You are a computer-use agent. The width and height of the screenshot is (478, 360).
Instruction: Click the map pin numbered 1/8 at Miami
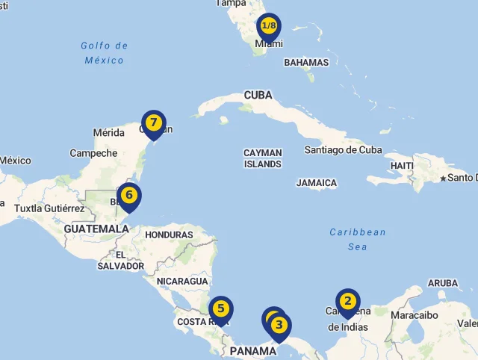(x=268, y=27)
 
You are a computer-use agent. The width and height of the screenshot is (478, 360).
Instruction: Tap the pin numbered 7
(x=153, y=122)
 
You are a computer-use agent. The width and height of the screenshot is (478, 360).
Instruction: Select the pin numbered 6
(x=129, y=196)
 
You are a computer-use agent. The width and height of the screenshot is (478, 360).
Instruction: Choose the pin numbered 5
(x=221, y=308)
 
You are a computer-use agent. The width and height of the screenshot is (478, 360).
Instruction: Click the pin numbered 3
(x=279, y=325)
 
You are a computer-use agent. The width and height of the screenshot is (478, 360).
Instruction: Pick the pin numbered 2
(x=347, y=301)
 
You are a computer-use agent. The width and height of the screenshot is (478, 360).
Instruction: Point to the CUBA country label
(x=258, y=96)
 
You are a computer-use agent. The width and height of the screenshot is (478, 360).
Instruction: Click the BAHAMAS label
(x=306, y=63)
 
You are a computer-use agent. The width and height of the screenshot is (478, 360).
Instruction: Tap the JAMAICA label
(x=317, y=183)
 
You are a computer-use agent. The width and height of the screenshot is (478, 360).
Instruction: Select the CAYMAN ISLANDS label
(x=262, y=158)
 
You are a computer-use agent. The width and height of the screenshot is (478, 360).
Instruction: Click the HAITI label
(x=402, y=165)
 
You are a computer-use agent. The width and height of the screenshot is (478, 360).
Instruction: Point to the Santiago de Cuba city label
(x=343, y=150)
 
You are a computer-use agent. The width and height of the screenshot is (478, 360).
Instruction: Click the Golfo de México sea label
(x=104, y=52)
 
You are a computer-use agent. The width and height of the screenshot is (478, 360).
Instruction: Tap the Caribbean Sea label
(x=358, y=239)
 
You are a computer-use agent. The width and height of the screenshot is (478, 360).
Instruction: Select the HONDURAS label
(x=168, y=235)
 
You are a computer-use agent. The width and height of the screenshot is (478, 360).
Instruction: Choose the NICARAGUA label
(x=182, y=282)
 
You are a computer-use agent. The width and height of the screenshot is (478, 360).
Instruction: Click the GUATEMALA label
(x=96, y=229)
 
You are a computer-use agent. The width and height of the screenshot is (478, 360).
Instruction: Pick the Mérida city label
(x=108, y=133)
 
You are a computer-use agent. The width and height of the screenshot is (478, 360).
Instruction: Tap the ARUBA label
(x=443, y=284)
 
